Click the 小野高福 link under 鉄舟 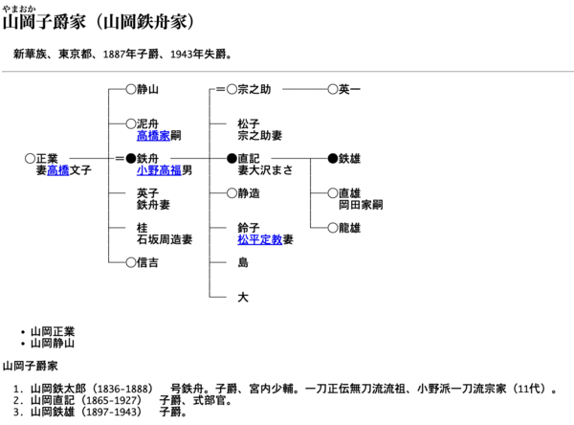click(x=159, y=170)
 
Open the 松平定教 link click(x=260, y=239)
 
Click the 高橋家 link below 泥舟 click(x=153, y=136)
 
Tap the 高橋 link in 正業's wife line click(x=58, y=170)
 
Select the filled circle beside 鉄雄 click(x=332, y=159)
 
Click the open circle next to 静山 click(x=131, y=89)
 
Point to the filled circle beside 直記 click(x=232, y=159)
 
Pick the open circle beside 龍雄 click(x=332, y=228)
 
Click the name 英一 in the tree click(x=349, y=89)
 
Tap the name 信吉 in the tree click(x=147, y=262)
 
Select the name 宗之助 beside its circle click(x=254, y=89)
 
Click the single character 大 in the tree click(x=243, y=297)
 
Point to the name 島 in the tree click(x=243, y=262)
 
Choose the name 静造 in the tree click(x=249, y=193)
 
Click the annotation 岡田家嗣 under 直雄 click(x=361, y=205)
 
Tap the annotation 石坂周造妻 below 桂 click(x=165, y=239)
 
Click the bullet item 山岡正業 click(x=53, y=332)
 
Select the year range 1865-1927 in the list click(x=111, y=400)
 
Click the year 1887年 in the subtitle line click(x=120, y=55)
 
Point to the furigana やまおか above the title click(x=19, y=9)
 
